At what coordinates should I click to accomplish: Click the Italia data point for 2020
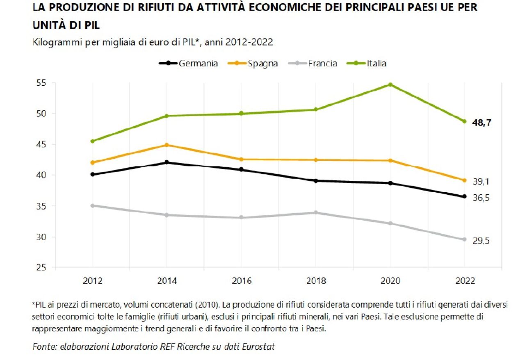tap(390, 85)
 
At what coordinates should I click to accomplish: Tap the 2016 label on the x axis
tap(241, 281)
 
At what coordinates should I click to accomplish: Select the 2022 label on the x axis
tap(465, 281)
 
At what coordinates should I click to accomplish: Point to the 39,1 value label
tap(481, 182)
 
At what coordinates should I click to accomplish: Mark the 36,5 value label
tap(481, 198)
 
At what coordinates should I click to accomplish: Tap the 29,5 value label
tap(481, 241)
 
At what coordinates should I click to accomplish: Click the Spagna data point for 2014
tap(167, 145)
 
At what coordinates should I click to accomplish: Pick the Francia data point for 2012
tap(93, 205)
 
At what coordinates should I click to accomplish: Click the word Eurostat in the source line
tap(259, 346)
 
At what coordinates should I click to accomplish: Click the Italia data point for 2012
tap(93, 141)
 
